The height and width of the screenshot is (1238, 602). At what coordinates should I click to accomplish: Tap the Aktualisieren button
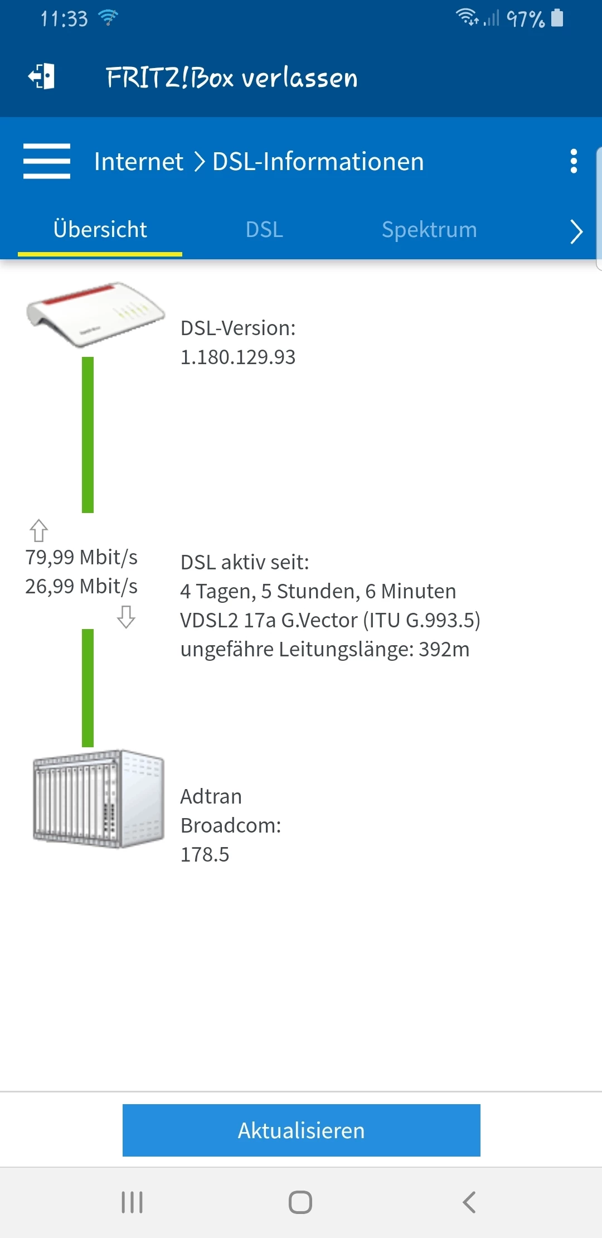(x=301, y=1130)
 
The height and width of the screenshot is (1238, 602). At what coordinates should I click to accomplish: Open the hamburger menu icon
(x=47, y=161)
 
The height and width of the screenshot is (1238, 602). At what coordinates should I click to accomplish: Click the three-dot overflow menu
(x=574, y=161)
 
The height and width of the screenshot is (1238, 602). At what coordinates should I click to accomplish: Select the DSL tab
(x=264, y=230)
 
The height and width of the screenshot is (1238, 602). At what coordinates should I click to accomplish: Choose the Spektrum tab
(x=429, y=230)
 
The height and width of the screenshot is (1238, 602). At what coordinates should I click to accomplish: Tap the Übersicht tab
(x=100, y=230)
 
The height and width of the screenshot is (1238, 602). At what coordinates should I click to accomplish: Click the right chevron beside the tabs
(x=576, y=231)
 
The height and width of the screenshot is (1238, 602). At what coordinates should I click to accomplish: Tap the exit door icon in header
(x=42, y=76)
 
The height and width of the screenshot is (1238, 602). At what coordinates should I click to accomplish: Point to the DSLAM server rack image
(x=99, y=799)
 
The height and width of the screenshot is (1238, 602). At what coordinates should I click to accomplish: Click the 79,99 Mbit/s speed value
(x=81, y=557)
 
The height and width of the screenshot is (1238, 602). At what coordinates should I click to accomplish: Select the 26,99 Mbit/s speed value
(x=81, y=586)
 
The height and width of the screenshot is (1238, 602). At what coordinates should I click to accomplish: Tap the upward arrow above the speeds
(x=38, y=530)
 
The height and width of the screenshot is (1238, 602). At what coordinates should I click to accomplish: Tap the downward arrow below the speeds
(x=127, y=617)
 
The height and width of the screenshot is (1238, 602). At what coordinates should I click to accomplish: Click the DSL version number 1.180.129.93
(x=238, y=357)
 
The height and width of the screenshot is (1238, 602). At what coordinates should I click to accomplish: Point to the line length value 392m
(x=444, y=649)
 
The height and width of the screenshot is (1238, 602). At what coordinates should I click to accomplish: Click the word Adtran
(x=211, y=796)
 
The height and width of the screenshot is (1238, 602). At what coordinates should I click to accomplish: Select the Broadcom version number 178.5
(x=205, y=854)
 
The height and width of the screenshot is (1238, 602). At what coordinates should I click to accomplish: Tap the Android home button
(x=300, y=1202)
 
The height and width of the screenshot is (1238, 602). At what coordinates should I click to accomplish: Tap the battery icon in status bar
(x=557, y=18)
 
